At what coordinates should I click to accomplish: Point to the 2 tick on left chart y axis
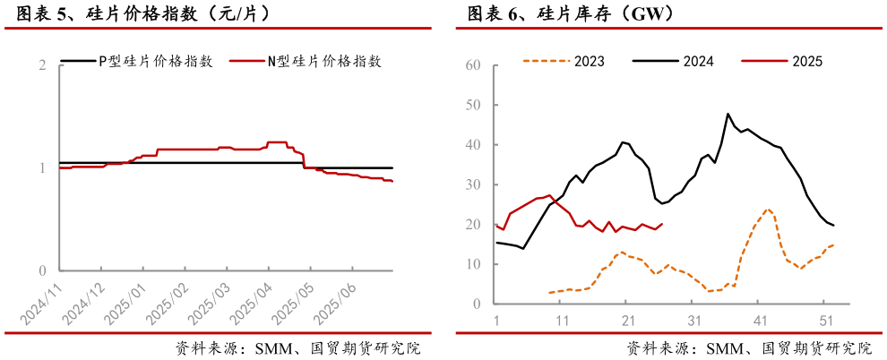(x=43, y=65)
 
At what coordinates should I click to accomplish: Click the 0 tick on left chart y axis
(x=43, y=270)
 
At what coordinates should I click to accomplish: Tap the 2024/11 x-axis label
(x=41, y=304)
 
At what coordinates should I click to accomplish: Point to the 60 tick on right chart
(x=474, y=65)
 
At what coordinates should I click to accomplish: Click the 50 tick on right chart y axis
(x=474, y=105)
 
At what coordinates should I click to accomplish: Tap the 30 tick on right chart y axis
(x=474, y=184)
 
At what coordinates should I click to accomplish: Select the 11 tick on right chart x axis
(x=560, y=320)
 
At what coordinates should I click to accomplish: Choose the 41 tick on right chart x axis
(x=760, y=320)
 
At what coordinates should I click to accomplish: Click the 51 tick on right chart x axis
(x=826, y=320)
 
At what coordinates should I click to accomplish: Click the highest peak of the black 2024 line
(x=728, y=114)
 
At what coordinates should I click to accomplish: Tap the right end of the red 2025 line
(x=662, y=224)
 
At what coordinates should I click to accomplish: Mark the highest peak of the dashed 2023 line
(x=768, y=210)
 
